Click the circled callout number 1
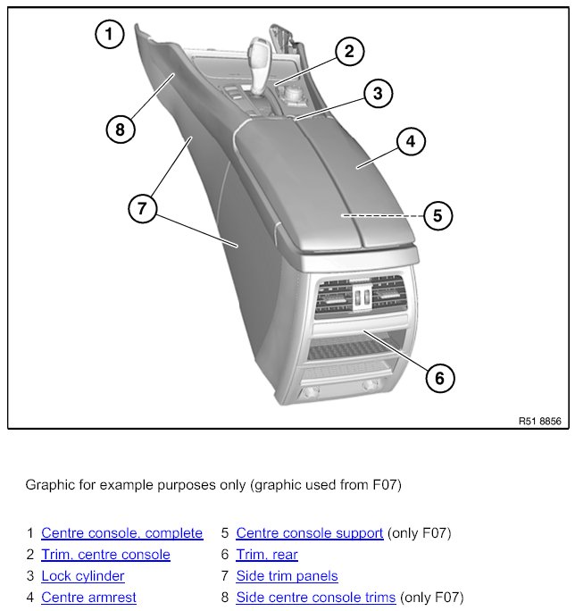(x=110, y=36)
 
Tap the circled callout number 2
(x=350, y=52)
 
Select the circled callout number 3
(x=378, y=93)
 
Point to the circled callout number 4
(x=411, y=142)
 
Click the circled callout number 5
(x=437, y=215)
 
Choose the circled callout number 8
(x=121, y=130)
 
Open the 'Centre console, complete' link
(x=121, y=533)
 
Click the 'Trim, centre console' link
(x=105, y=555)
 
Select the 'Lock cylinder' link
(x=83, y=576)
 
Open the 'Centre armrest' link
(x=88, y=598)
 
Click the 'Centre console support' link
(x=310, y=533)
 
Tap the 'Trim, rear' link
(x=267, y=555)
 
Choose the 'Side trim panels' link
(x=287, y=576)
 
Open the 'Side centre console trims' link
(x=315, y=598)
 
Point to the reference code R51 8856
(x=539, y=421)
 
